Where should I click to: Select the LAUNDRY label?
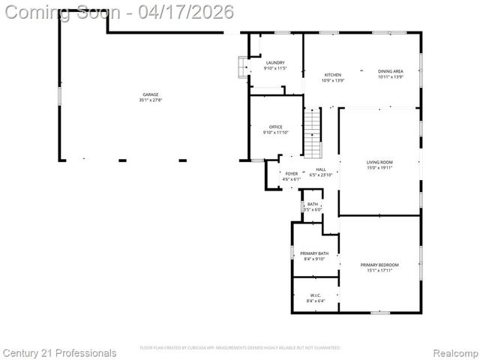coord(274,62)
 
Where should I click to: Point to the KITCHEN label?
coord(332,75)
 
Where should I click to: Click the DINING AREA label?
coord(390,71)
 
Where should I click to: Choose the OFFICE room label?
coord(274,127)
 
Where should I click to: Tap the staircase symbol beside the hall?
coord(312,133)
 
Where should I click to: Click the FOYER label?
coord(291,174)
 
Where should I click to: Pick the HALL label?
coord(320,169)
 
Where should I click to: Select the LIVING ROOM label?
coord(379,162)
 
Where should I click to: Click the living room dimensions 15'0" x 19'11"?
coord(379,168)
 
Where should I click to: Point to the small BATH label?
coord(313,204)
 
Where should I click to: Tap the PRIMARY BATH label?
coord(314,253)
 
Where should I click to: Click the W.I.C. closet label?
coord(315,295)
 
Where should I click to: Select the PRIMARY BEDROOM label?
coord(379,265)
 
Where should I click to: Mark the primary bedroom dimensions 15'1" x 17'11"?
coord(379,270)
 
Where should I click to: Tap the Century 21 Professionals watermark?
coord(59,352)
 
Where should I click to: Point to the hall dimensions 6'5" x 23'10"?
coord(320,175)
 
